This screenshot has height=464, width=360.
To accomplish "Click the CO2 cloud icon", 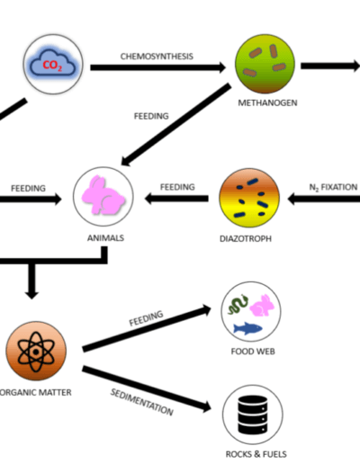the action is point(53,64).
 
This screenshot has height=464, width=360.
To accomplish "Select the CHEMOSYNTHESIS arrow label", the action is point(157,57).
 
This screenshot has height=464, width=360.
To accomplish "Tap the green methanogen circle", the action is point(265,64).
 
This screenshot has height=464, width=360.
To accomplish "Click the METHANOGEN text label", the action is point(267,103).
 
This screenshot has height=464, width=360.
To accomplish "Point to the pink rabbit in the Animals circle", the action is point(103,195).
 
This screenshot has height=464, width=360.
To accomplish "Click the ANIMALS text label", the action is point(105,238).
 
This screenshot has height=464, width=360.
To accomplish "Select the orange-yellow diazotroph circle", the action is point(249,198).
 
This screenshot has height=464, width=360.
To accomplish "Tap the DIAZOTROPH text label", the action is point(246,239).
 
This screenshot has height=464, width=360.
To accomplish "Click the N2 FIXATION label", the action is point(333,187).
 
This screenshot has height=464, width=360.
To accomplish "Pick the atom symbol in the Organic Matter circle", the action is point(36,352).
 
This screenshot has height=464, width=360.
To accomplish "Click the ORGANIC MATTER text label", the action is point(35,392).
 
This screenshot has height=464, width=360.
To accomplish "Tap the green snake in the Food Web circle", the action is point(238,304).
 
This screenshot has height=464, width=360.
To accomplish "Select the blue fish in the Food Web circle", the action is point(247,328).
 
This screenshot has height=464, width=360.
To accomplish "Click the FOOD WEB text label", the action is point(253,352).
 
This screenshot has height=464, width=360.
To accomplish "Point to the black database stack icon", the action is point(253,415).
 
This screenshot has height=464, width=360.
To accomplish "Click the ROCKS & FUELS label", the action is point(256,454).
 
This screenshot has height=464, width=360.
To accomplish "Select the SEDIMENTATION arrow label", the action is point(141,402).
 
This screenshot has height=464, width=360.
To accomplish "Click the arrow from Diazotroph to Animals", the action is point(176,199).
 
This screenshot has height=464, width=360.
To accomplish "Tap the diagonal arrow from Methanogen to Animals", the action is point(176,124).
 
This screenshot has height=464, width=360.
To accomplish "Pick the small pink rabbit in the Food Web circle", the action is point(262,306).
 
